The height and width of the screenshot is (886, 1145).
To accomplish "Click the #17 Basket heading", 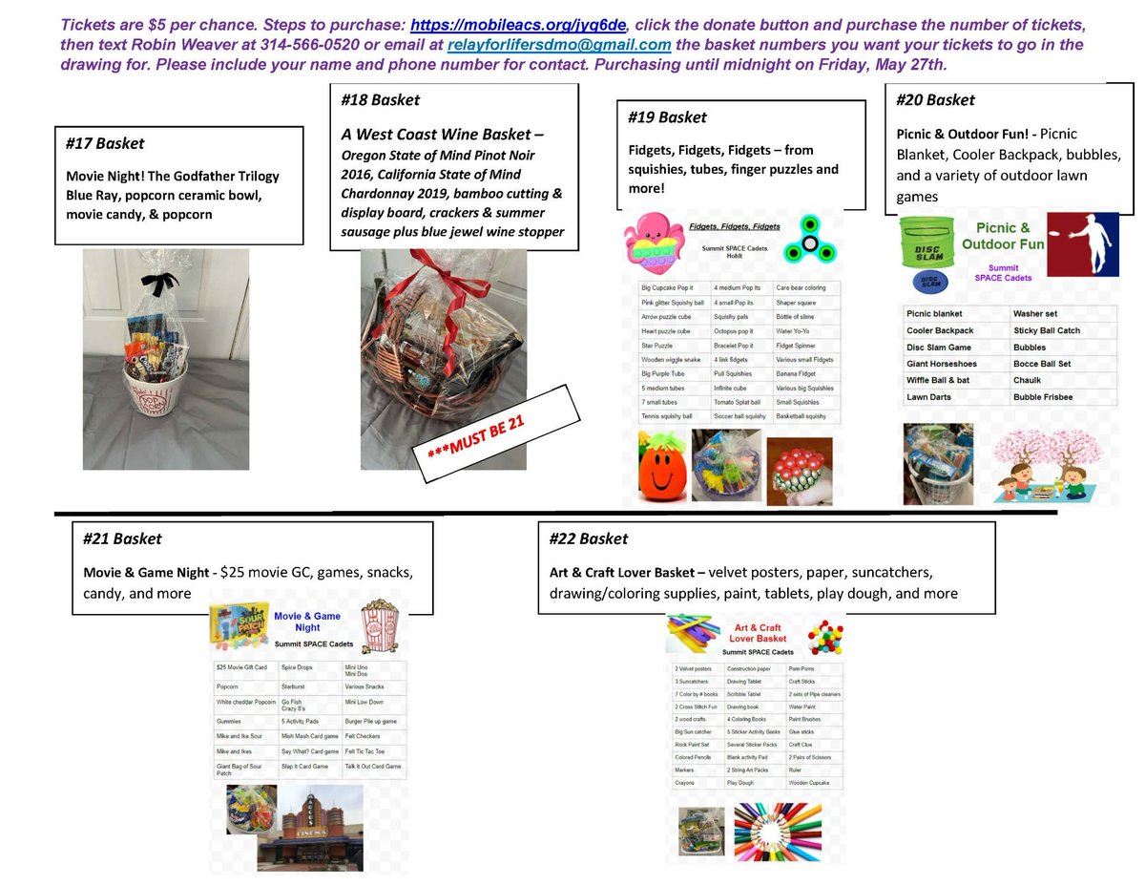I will [105, 143].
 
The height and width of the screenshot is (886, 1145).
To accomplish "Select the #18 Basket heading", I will [380, 99].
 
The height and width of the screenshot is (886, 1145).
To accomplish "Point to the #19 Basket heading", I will [667, 117].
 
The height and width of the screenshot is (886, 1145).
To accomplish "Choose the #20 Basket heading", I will [936, 99].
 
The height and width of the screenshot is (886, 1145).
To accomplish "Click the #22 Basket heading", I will [589, 538].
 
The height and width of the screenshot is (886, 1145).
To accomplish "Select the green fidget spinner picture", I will [812, 243].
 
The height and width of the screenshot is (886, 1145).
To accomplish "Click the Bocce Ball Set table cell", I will [1042, 364].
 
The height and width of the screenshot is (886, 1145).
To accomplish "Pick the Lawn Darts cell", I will [929, 397].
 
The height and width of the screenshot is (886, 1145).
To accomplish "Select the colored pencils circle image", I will [776, 830].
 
